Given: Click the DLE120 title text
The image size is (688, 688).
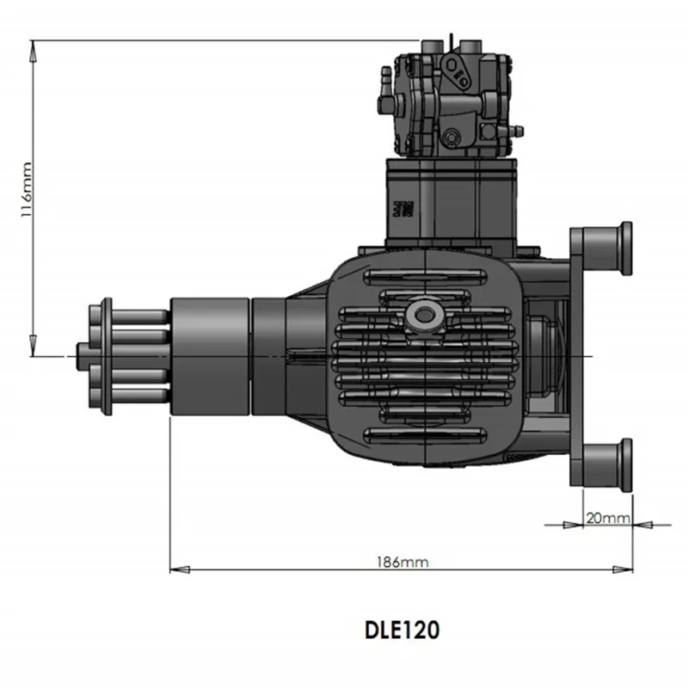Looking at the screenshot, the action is click(x=402, y=630).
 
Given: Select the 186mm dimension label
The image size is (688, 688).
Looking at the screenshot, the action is click(x=402, y=562).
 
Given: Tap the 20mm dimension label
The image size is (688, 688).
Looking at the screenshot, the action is click(x=608, y=519).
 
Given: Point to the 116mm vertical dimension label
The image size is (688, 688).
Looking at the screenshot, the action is click(x=27, y=189).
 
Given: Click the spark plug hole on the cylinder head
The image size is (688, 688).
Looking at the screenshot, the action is click(x=422, y=314).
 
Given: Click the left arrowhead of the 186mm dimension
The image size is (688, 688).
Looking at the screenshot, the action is click(x=180, y=569).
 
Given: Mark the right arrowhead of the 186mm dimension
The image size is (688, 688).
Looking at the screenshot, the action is click(x=623, y=569).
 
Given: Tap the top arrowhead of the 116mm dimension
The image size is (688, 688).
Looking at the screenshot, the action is click(x=33, y=51).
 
